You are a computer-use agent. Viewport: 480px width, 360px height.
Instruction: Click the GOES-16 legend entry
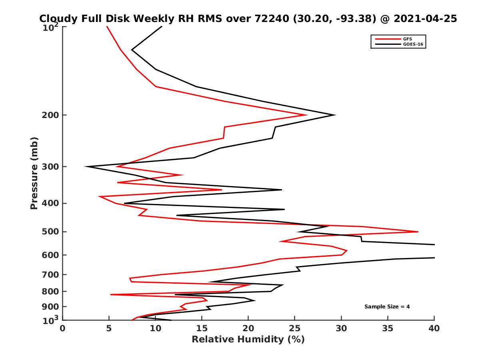(411, 44)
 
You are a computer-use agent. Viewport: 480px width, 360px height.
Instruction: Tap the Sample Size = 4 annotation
(387, 307)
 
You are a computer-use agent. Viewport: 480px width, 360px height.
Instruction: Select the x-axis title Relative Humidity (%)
(248, 340)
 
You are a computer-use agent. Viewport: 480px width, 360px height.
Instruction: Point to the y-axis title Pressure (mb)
(34, 173)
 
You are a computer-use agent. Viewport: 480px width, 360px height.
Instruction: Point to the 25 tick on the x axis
(295, 328)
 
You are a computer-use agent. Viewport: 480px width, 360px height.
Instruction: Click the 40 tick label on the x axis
(434, 328)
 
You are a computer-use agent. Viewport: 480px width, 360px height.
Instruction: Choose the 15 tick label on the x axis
(202, 328)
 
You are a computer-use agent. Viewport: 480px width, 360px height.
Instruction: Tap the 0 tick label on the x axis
(63, 328)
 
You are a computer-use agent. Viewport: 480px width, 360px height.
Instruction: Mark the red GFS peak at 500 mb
(418, 232)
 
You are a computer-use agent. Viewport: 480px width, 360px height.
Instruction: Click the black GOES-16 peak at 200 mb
(335, 115)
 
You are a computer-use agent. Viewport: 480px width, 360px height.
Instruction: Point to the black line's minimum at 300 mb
(86, 166)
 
